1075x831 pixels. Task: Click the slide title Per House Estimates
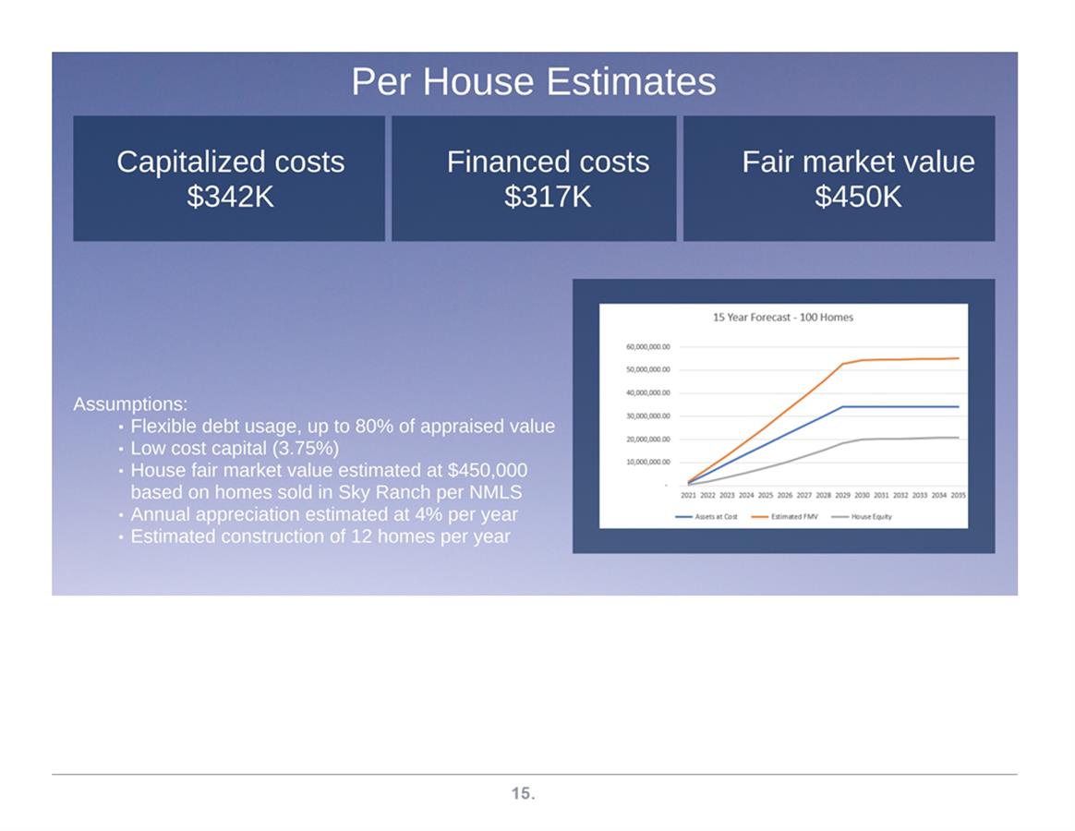click(534, 81)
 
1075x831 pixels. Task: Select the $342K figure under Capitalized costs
click(230, 197)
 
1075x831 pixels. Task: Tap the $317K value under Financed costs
click(547, 197)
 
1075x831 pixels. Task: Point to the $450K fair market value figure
click(858, 197)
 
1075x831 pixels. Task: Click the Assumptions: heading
click(130, 403)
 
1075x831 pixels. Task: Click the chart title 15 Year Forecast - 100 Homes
click(783, 318)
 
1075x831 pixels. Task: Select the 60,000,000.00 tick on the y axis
click(648, 347)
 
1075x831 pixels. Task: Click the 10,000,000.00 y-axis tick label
click(648, 462)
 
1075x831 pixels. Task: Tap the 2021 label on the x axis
click(688, 495)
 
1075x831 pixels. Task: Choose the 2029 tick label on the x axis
click(842, 495)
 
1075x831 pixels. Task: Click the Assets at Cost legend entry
click(707, 517)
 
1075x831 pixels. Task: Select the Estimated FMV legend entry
click(785, 517)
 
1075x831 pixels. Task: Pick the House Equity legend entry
click(862, 517)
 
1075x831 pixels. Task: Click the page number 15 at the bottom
click(523, 793)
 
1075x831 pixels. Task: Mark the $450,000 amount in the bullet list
click(488, 470)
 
